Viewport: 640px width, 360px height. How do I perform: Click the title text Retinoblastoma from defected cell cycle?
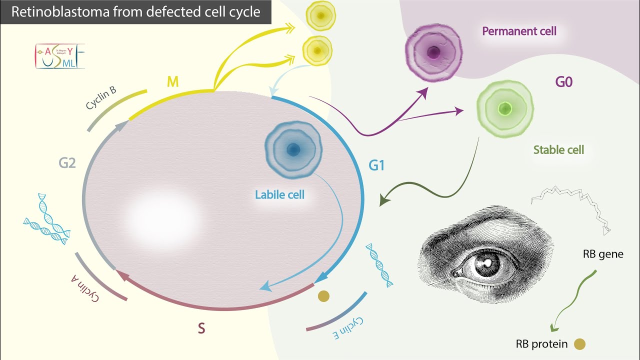pos(135,12)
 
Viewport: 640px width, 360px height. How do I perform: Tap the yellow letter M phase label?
pos(172,82)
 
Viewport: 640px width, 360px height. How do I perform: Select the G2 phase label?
pos(67,162)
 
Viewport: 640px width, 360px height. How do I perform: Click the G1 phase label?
pos(376,165)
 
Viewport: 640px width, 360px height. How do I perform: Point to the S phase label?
pos(201,328)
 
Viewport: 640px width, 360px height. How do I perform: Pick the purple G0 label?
pos(563,82)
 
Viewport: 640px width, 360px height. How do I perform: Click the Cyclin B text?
pos(101,98)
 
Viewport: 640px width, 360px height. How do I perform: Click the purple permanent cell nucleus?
pos(433,51)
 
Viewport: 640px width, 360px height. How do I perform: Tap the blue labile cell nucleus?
pos(293,149)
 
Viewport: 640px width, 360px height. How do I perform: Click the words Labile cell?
pos(279,194)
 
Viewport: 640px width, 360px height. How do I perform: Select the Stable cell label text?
pos(558,149)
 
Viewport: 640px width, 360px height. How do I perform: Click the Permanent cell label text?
pos(519,31)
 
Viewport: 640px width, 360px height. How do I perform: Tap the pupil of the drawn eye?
pos(485,263)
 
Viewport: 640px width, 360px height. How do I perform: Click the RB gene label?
pos(603,254)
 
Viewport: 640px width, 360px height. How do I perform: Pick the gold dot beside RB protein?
pos(579,344)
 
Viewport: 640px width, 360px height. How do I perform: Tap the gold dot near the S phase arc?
pos(324,296)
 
